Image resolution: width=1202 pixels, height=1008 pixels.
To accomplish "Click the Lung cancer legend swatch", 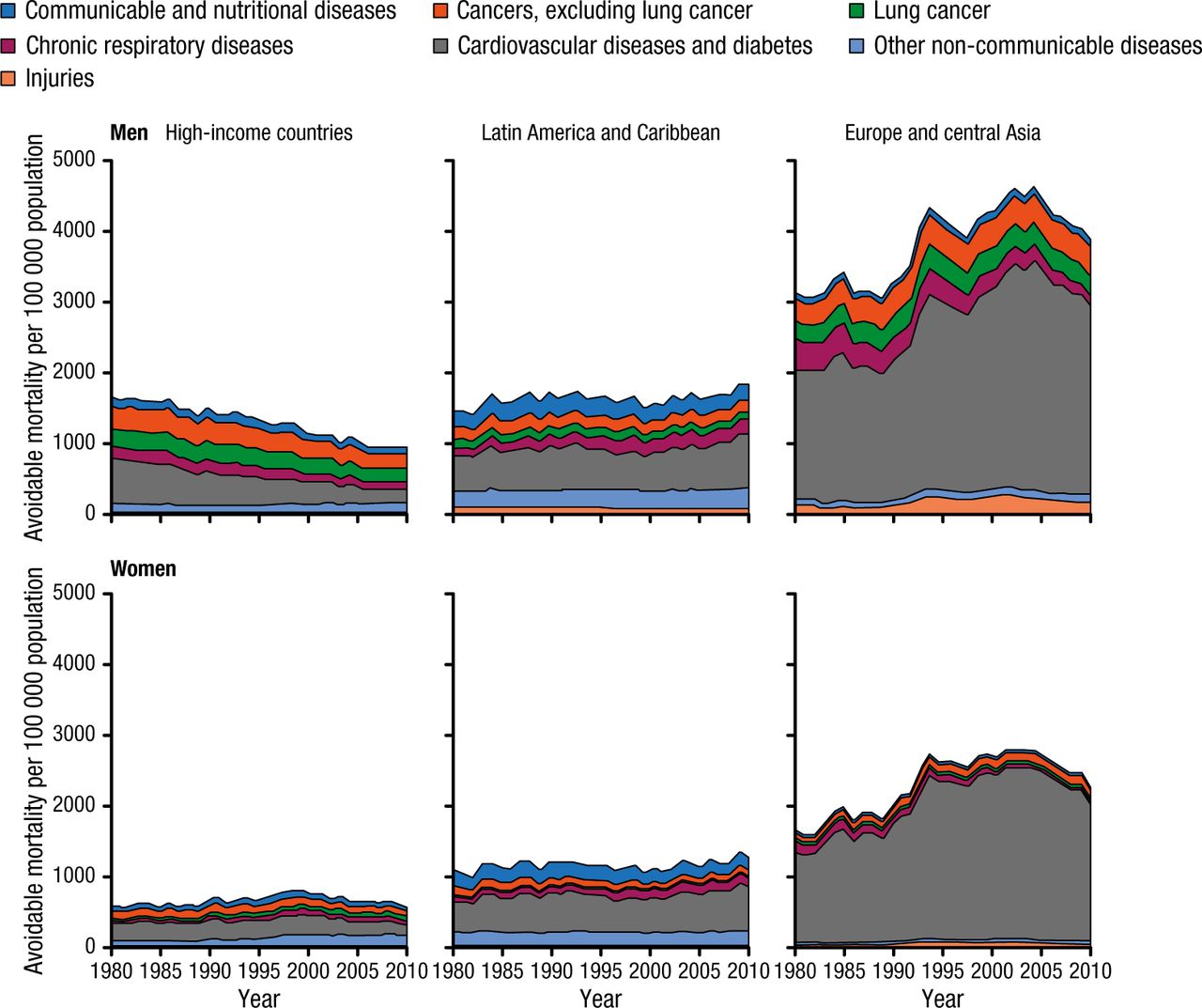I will point(856,12).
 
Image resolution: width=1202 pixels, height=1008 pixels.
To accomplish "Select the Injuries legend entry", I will point(59,79).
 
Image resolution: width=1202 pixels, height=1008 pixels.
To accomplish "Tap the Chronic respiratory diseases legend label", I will point(159,46).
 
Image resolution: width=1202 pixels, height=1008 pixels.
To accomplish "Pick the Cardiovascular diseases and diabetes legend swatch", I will point(440,46).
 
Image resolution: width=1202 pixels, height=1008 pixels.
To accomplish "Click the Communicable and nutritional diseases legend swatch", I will point(8,12).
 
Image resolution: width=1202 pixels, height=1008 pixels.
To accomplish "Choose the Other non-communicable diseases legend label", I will point(1037,46).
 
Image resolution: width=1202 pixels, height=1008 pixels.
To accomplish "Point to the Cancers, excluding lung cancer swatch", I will point(440,12).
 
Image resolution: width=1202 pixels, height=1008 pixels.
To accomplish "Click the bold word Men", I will point(129,132).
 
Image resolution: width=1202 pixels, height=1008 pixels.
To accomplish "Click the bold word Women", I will point(143,568).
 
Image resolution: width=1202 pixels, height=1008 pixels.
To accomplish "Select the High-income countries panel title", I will point(259,132).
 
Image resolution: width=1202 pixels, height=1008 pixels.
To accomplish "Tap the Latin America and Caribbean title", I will point(600,132).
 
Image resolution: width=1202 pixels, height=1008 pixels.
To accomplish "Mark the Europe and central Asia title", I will point(942,132).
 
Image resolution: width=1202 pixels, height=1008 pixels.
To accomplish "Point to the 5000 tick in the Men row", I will point(76,160).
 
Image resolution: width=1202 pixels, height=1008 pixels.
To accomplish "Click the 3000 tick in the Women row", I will point(76,735).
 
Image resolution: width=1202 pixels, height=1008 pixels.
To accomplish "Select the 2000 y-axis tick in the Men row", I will point(76,372).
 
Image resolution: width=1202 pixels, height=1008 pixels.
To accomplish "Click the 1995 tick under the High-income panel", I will point(259,970).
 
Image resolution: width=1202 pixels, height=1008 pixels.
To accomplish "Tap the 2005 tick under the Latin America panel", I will point(699,970).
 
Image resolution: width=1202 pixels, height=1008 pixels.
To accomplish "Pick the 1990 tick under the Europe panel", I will point(893,970).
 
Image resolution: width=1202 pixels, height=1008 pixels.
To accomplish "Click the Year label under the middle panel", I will point(600,998).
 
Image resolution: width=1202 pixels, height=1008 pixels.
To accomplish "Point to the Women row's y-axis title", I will point(35,770).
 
